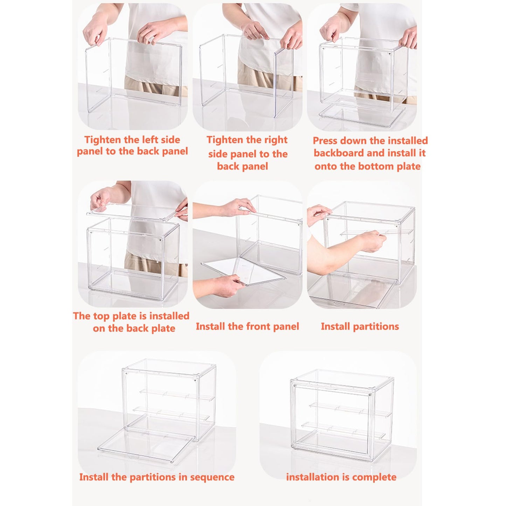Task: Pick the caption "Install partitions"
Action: [x=360, y=326]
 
